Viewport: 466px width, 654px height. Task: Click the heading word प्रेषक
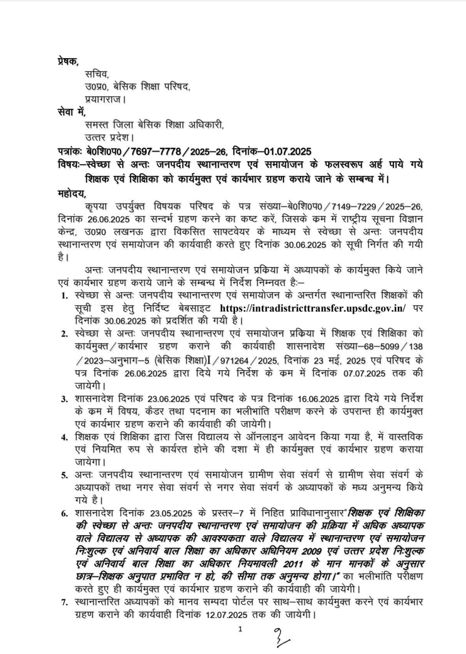67,63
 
